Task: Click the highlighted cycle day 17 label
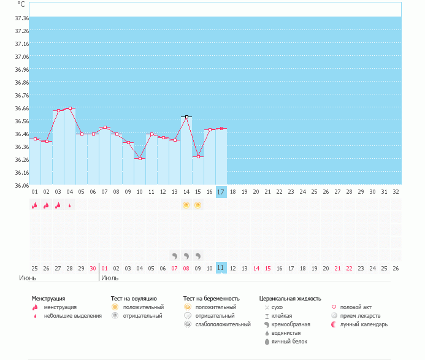[x=221, y=192]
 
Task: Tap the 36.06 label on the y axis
[x=21, y=185]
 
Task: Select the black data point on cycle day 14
[x=186, y=117]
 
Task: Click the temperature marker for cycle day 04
[x=70, y=108]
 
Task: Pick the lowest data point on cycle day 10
[x=140, y=159]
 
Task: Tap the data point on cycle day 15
[x=198, y=157]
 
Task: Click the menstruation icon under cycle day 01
[x=35, y=205]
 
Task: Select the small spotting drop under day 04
[x=70, y=205]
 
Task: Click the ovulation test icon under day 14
[x=186, y=205]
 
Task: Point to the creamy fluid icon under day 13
[x=175, y=255]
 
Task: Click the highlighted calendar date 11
[x=221, y=268]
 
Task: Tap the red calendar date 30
[x=93, y=268]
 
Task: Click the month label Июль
[x=110, y=278]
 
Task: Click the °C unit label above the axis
[x=21, y=4]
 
